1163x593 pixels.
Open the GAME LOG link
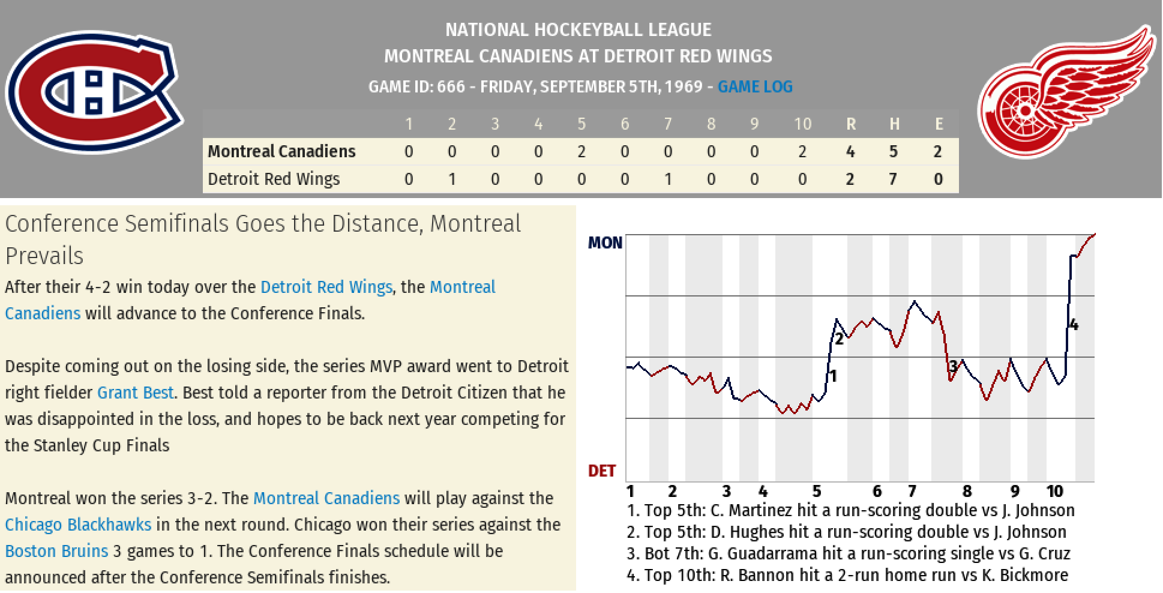(x=755, y=87)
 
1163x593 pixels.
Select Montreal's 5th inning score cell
(x=581, y=152)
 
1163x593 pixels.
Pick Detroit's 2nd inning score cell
(x=452, y=179)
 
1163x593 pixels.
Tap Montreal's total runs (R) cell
(x=850, y=152)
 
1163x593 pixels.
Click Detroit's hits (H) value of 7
(x=894, y=179)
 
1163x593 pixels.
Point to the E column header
(x=939, y=124)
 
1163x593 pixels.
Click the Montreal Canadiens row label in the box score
(x=281, y=151)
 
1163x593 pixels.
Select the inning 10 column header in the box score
(x=802, y=124)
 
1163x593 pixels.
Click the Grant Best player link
(x=135, y=393)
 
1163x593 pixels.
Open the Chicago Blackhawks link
(x=78, y=525)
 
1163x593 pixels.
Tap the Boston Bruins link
(x=56, y=551)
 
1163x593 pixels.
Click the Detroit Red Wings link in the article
(x=326, y=287)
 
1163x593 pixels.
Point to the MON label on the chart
(x=605, y=243)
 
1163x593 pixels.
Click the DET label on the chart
(x=602, y=471)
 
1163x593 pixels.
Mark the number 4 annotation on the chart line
(x=1074, y=325)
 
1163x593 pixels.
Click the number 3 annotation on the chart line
(x=953, y=366)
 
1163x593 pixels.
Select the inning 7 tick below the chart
(x=912, y=492)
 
